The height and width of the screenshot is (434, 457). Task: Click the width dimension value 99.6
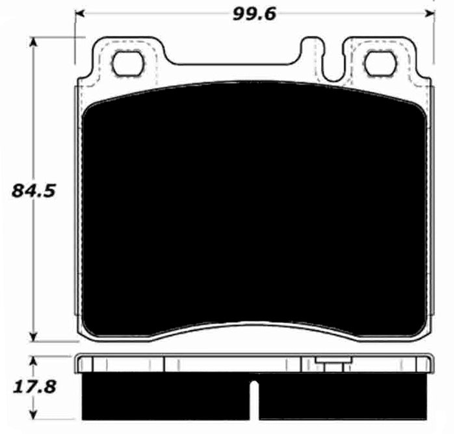pyautogui.click(x=253, y=14)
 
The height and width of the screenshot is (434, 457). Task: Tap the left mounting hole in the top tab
pyautogui.click(x=127, y=62)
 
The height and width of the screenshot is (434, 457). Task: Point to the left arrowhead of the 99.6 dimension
pyautogui.click(x=79, y=12)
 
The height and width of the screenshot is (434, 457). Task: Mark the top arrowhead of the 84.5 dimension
pyautogui.click(x=34, y=40)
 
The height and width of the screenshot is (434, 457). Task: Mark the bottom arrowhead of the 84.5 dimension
pyautogui.click(x=34, y=338)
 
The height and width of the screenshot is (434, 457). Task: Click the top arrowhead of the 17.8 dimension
pyautogui.click(x=34, y=359)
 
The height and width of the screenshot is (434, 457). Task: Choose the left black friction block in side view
pyautogui.click(x=166, y=396)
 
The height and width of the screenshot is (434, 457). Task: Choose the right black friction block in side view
pyautogui.click(x=341, y=396)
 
